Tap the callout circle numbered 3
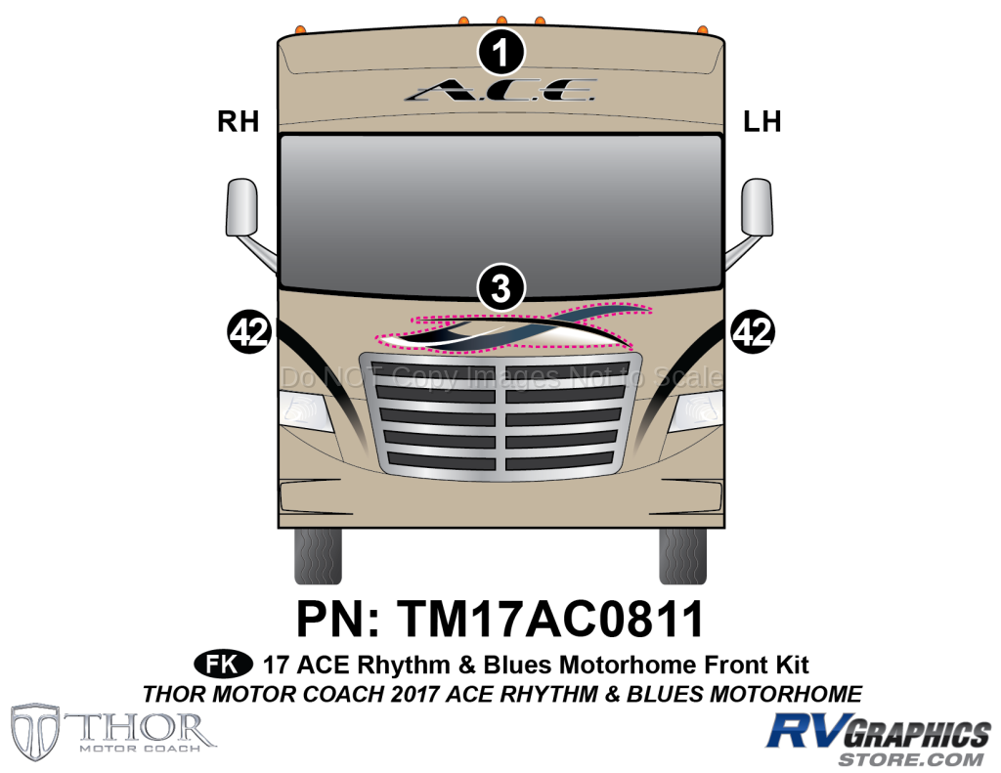pos(501,286)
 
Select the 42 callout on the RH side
pos(249,332)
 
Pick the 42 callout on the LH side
pos(753,332)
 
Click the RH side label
pos(239,121)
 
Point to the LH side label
pos(762,121)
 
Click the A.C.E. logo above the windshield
pos(501,91)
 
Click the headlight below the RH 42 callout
pos(306,411)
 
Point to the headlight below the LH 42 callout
pos(696,411)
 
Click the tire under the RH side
pos(318,555)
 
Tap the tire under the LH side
pos(682,555)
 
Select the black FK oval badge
pos(224,665)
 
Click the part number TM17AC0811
pos(550,619)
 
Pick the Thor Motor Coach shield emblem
pos(36,733)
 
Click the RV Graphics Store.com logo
pos(879,740)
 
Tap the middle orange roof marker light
pos(501,21)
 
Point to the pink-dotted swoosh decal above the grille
pos(513,326)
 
